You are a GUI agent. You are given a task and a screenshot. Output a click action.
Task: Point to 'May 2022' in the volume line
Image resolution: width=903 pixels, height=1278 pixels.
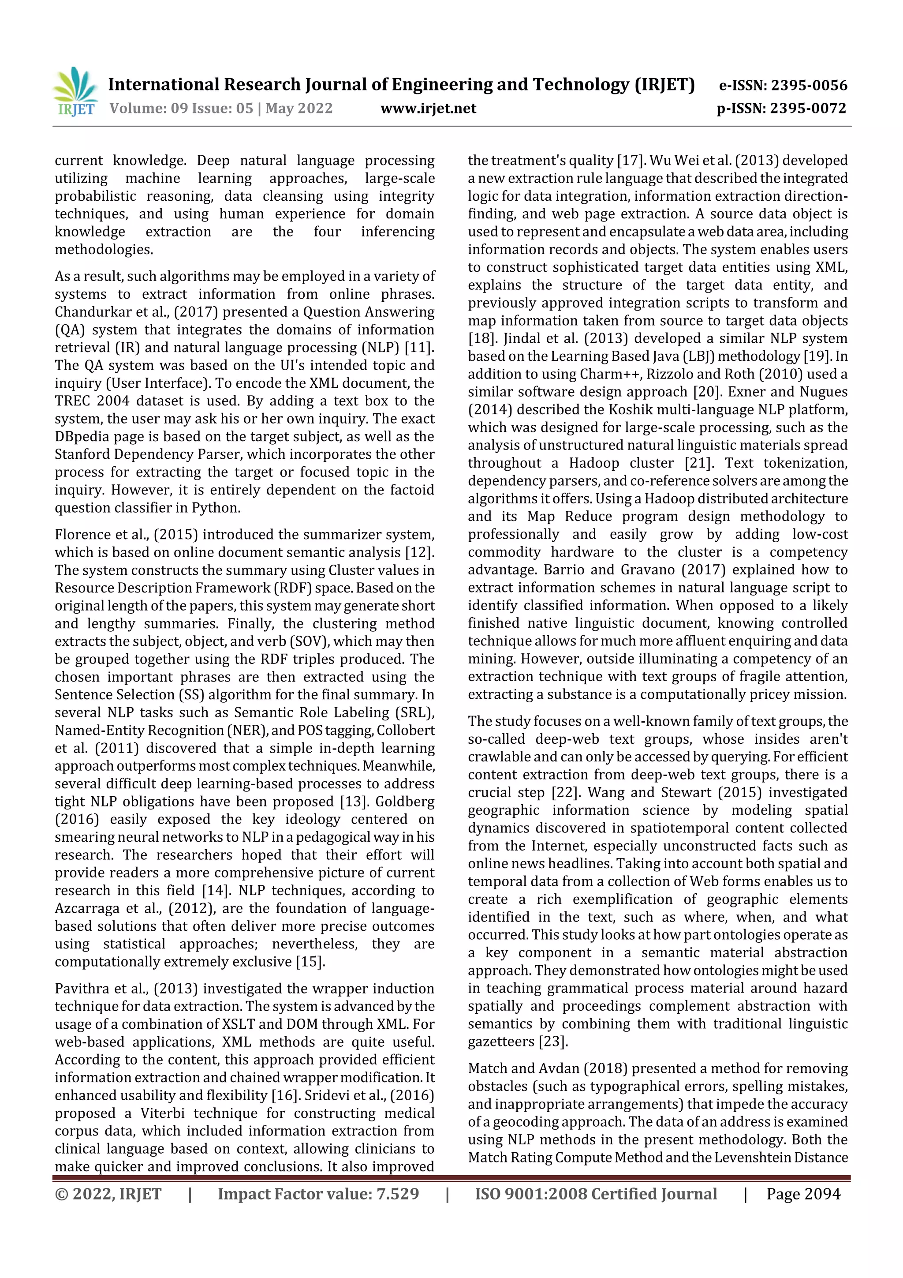point(299,109)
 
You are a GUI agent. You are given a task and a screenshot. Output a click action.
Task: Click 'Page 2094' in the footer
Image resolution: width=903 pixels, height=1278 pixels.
point(803,1193)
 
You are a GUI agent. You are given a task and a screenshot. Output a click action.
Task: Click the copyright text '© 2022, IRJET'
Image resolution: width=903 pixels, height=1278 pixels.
point(108,1193)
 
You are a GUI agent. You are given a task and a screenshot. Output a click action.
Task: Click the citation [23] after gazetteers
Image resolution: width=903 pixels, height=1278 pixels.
point(552,1042)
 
